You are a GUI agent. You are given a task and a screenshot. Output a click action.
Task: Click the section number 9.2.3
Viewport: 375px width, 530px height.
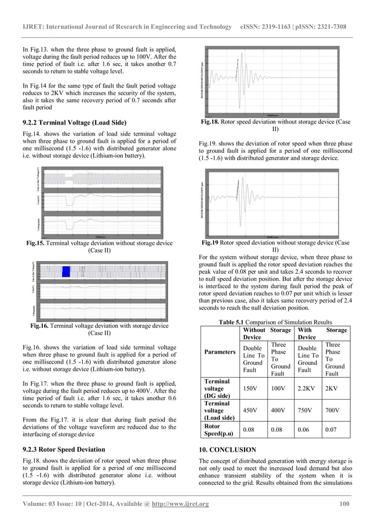[x=34, y=450]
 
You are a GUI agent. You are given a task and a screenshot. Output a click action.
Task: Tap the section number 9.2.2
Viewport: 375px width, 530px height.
[x=34, y=122]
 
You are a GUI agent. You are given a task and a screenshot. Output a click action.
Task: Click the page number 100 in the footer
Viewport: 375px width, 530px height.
[x=345, y=504]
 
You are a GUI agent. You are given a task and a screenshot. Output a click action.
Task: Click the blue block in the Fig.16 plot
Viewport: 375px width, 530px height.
[x=66, y=271]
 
